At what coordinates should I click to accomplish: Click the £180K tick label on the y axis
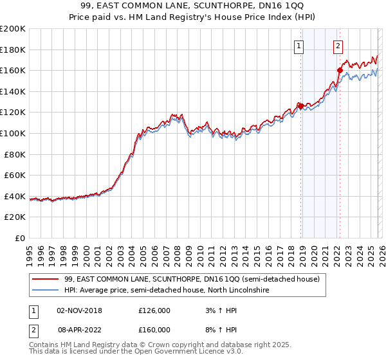click(13, 50)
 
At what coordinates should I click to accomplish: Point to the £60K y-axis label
click(15, 175)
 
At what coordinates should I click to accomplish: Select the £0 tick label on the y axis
click(21, 238)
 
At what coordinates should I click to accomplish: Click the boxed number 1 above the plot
click(300, 46)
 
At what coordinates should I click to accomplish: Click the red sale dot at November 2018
click(300, 106)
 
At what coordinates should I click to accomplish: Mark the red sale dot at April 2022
click(340, 70)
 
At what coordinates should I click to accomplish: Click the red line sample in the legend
click(46, 279)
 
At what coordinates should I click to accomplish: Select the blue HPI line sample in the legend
click(46, 291)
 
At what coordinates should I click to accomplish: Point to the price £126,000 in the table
click(154, 310)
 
